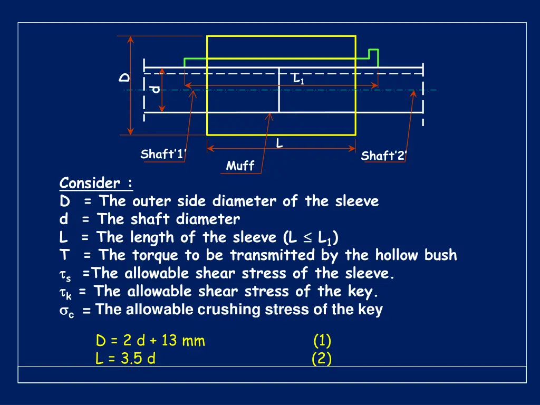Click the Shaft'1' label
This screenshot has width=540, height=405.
(x=164, y=155)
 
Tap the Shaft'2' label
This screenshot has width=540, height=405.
(x=384, y=156)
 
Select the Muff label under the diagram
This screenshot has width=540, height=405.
(x=240, y=166)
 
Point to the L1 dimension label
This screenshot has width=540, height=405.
(x=298, y=80)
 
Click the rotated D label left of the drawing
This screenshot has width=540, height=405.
(x=124, y=78)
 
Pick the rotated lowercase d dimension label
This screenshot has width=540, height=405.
(x=154, y=89)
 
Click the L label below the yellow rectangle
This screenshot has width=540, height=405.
(x=279, y=143)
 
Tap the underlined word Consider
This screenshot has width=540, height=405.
(x=90, y=184)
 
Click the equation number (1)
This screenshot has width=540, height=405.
(x=322, y=341)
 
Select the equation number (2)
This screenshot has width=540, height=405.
(x=322, y=359)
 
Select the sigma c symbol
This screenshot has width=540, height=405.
(x=66, y=311)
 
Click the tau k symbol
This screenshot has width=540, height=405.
(x=66, y=293)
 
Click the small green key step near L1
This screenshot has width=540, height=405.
(x=373, y=55)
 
